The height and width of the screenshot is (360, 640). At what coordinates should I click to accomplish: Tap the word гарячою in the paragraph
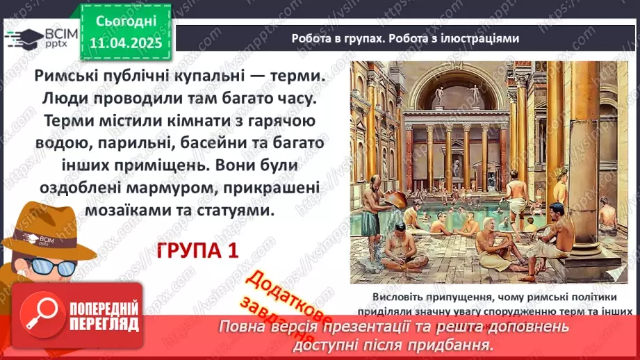(277, 122)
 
